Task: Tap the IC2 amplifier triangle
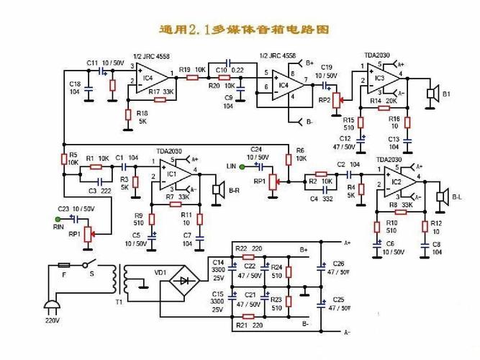pyautogui.click(x=399, y=181)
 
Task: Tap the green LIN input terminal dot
pyautogui.click(x=243, y=167)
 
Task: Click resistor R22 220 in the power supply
pyautogui.click(x=249, y=256)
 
